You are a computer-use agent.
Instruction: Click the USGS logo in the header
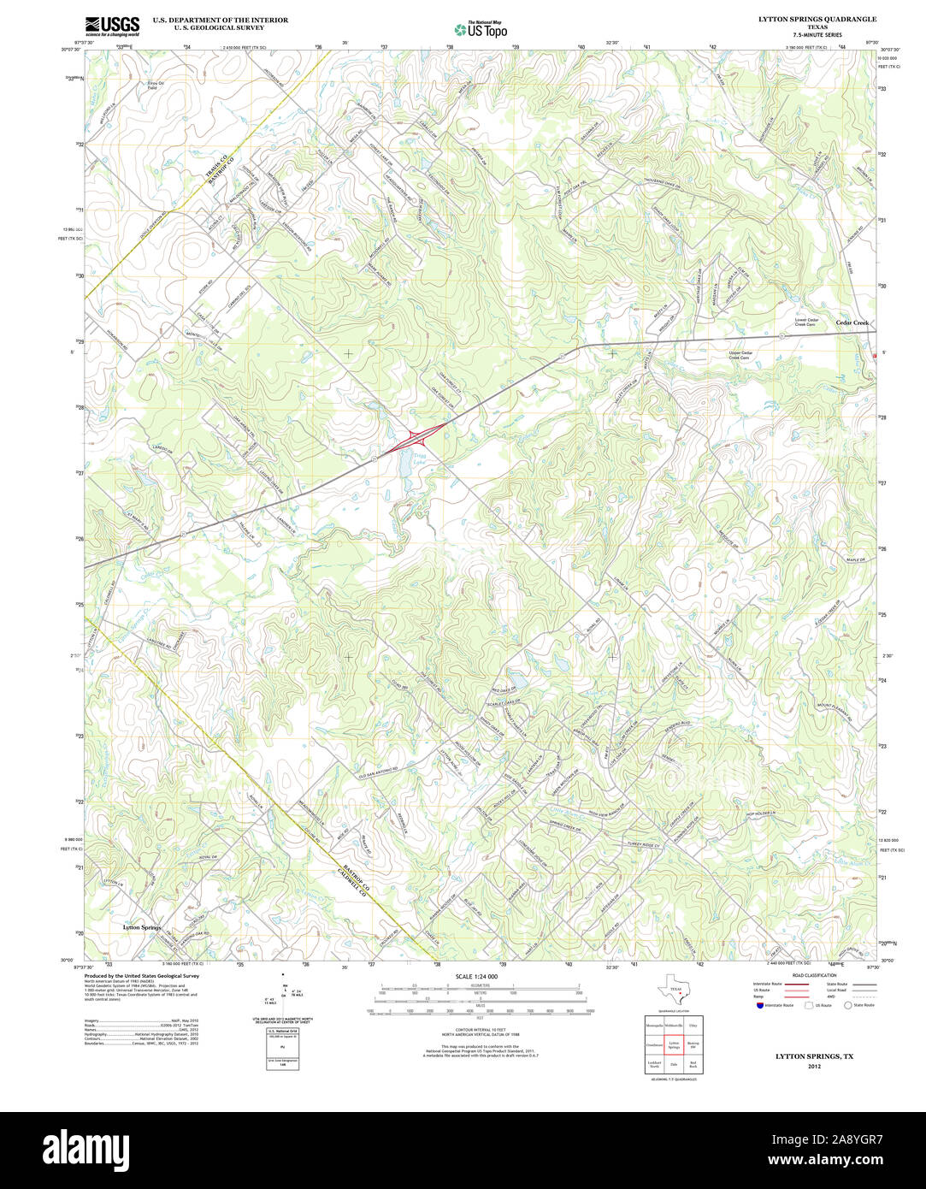(112, 26)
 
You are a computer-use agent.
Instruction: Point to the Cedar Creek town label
(852, 322)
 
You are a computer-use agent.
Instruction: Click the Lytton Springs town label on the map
(142, 927)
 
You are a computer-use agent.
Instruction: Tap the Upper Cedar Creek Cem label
(740, 355)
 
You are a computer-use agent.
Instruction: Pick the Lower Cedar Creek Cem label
(806, 322)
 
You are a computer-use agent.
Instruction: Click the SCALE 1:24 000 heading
(476, 976)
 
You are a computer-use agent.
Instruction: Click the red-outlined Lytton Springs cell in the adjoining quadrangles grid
(673, 1044)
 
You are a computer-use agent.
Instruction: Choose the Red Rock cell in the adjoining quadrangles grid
(693, 1065)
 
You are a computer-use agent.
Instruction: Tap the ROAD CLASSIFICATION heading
(814, 975)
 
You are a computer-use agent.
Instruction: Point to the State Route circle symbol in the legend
(849, 1005)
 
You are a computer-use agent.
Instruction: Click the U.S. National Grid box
(281, 1032)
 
